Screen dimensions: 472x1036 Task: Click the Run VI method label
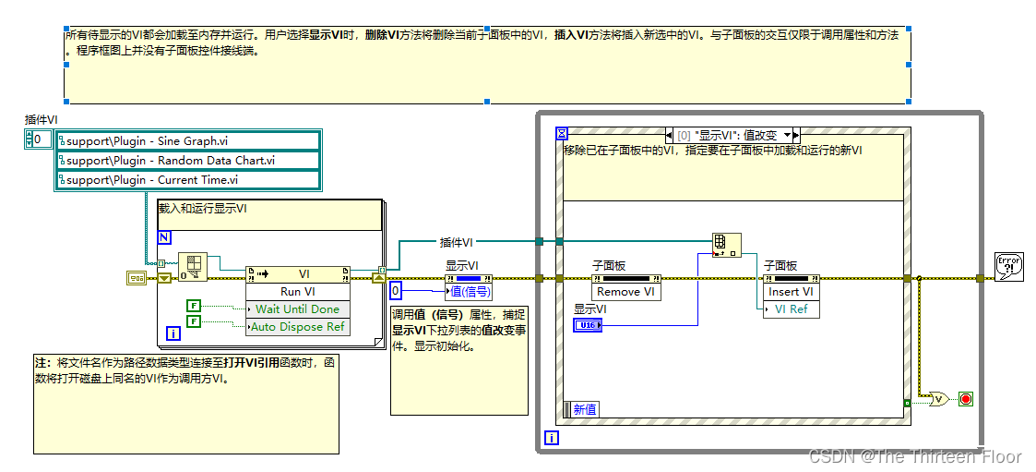[x=298, y=292]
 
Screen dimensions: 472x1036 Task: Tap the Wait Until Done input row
[x=297, y=309]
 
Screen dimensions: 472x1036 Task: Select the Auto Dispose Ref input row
[x=297, y=326]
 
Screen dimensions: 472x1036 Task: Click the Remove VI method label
[x=625, y=292]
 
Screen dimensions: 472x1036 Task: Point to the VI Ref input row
[x=791, y=309]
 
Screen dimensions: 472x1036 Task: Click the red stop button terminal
[x=967, y=399]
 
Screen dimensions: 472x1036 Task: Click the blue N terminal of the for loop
[x=164, y=237]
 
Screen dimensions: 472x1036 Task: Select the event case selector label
[x=733, y=135]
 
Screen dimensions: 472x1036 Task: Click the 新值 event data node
[x=584, y=409]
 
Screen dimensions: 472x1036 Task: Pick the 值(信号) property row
[x=470, y=292]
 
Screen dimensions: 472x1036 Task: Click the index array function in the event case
[x=726, y=245]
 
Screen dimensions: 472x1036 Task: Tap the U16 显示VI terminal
[x=587, y=325]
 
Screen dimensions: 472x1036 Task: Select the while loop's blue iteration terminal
[x=552, y=439]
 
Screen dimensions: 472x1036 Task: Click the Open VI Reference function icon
[x=194, y=267]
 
